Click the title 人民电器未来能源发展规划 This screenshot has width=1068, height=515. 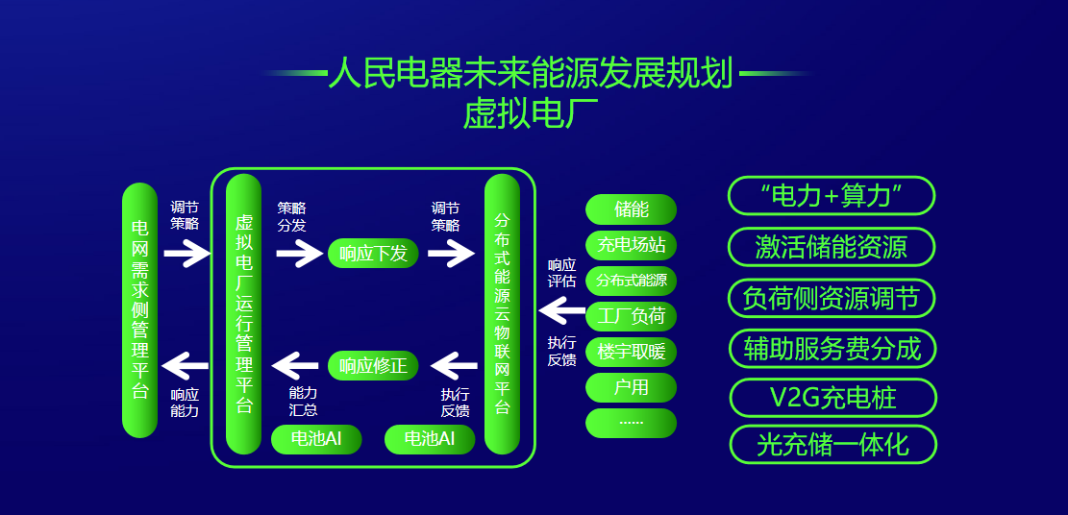pyautogui.click(x=530, y=74)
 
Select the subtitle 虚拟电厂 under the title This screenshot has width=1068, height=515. pyautogui.click(x=530, y=113)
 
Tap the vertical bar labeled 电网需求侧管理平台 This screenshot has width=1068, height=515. pyautogui.click(x=139, y=310)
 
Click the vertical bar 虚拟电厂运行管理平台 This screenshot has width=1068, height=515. pyautogui.click(x=244, y=314)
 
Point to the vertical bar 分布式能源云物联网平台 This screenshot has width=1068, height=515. pyautogui.click(x=502, y=314)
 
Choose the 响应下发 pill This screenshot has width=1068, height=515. pyautogui.click(x=373, y=254)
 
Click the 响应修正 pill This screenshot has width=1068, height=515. pyautogui.click(x=373, y=366)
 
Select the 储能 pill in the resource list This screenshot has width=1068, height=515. pyautogui.click(x=632, y=209)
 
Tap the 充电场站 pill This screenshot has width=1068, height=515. pyautogui.click(x=632, y=245)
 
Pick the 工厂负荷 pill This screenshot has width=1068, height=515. pyautogui.click(x=632, y=316)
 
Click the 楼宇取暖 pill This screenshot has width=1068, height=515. pyautogui.click(x=632, y=353)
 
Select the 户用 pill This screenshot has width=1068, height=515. pyautogui.click(x=632, y=387)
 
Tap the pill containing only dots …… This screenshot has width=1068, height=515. pyautogui.click(x=632, y=423)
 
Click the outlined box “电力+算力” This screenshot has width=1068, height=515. pyautogui.click(x=832, y=196)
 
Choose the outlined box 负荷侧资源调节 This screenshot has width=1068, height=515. pyautogui.click(x=832, y=299)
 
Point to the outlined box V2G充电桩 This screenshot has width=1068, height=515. pyautogui.click(x=833, y=398)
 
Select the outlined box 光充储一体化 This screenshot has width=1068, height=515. pyautogui.click(x=833, y=445)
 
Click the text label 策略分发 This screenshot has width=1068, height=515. pyautogui.click(x=291, y=216)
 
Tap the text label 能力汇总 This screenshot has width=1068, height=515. pyautogui.click(x=303, y=402)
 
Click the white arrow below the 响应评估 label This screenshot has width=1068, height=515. pyautogui.click(x=561, y=311)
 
